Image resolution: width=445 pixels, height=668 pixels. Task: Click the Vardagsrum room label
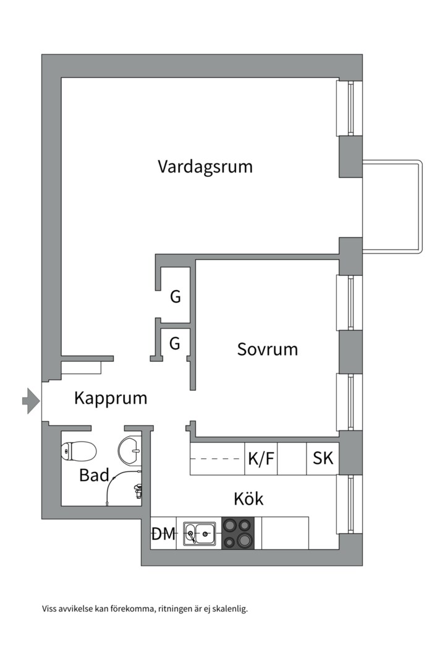pos(205,167)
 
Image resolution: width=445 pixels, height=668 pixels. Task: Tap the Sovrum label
pos(268,349)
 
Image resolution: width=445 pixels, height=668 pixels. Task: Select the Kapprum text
pos(111,398)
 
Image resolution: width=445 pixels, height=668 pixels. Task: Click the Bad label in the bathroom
pos(94,476)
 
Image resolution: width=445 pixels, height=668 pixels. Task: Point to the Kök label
pos(248,499)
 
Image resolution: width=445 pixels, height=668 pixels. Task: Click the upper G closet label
pos(176,298)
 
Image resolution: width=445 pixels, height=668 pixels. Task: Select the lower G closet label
pos(175,343)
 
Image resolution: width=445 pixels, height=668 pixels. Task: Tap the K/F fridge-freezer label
pos(261,459)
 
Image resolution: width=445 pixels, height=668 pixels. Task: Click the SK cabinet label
pos(323,459)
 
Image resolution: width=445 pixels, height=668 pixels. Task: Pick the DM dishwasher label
pos(164,534)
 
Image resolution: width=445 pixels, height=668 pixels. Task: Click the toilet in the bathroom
pos(78,452)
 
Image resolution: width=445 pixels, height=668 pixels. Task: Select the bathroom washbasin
pos(130,450)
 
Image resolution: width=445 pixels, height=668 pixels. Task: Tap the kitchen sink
pos(199,533)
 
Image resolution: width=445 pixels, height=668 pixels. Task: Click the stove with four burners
pos(238,533)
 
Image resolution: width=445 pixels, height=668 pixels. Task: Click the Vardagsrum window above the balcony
pos(350,108)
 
